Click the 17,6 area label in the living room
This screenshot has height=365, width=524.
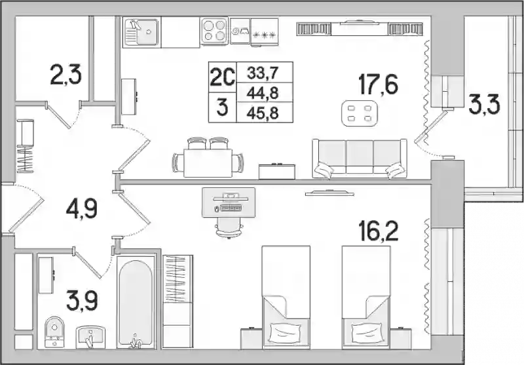[378, 85]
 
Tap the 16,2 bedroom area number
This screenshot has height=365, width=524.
[378, 231]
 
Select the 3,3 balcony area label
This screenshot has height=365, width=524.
[484, 105]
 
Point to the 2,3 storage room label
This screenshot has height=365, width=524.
[65, 75]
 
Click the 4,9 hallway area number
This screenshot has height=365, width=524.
[81, 209]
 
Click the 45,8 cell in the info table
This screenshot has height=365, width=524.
[263, 113]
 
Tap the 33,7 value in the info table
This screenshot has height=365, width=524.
[263, 73]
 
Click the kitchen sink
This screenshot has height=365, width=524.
[141, 33]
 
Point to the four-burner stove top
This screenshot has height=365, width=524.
[214, 30]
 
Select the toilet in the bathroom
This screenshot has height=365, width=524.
[54, 332]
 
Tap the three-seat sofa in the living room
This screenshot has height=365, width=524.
[360, 159]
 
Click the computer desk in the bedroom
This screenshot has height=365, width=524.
[229, 202]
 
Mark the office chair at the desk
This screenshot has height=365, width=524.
[229, 227]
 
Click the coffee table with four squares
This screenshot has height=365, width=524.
[360, 113]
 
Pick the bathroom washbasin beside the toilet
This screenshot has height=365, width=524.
[90, 337]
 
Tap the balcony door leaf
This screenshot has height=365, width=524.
[431, 126]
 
